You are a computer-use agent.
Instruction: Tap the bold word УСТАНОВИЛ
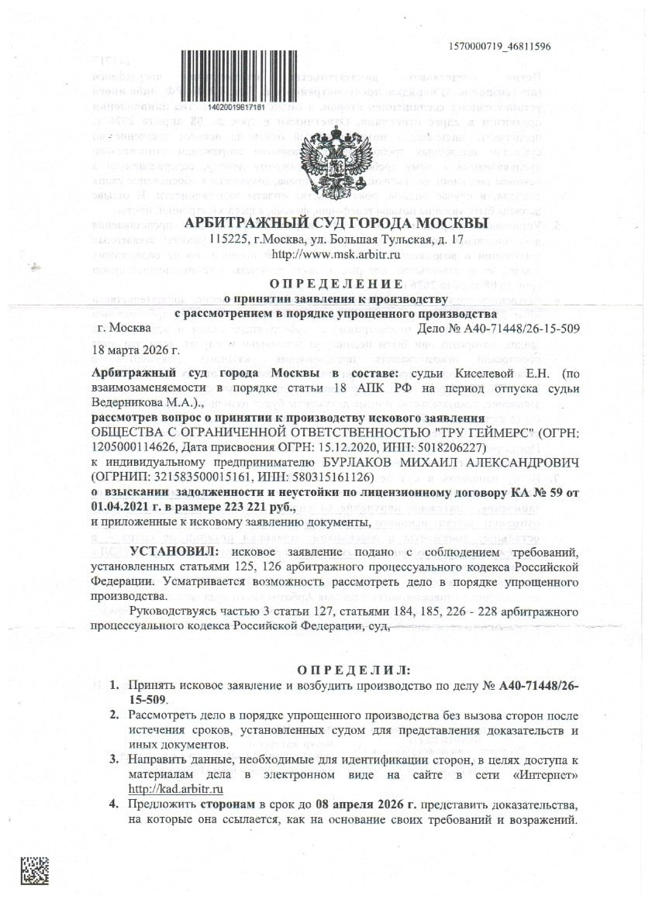point(174,552)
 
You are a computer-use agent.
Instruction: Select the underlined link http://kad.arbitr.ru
point(176,790)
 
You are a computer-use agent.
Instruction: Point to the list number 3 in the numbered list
point(112,760)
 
